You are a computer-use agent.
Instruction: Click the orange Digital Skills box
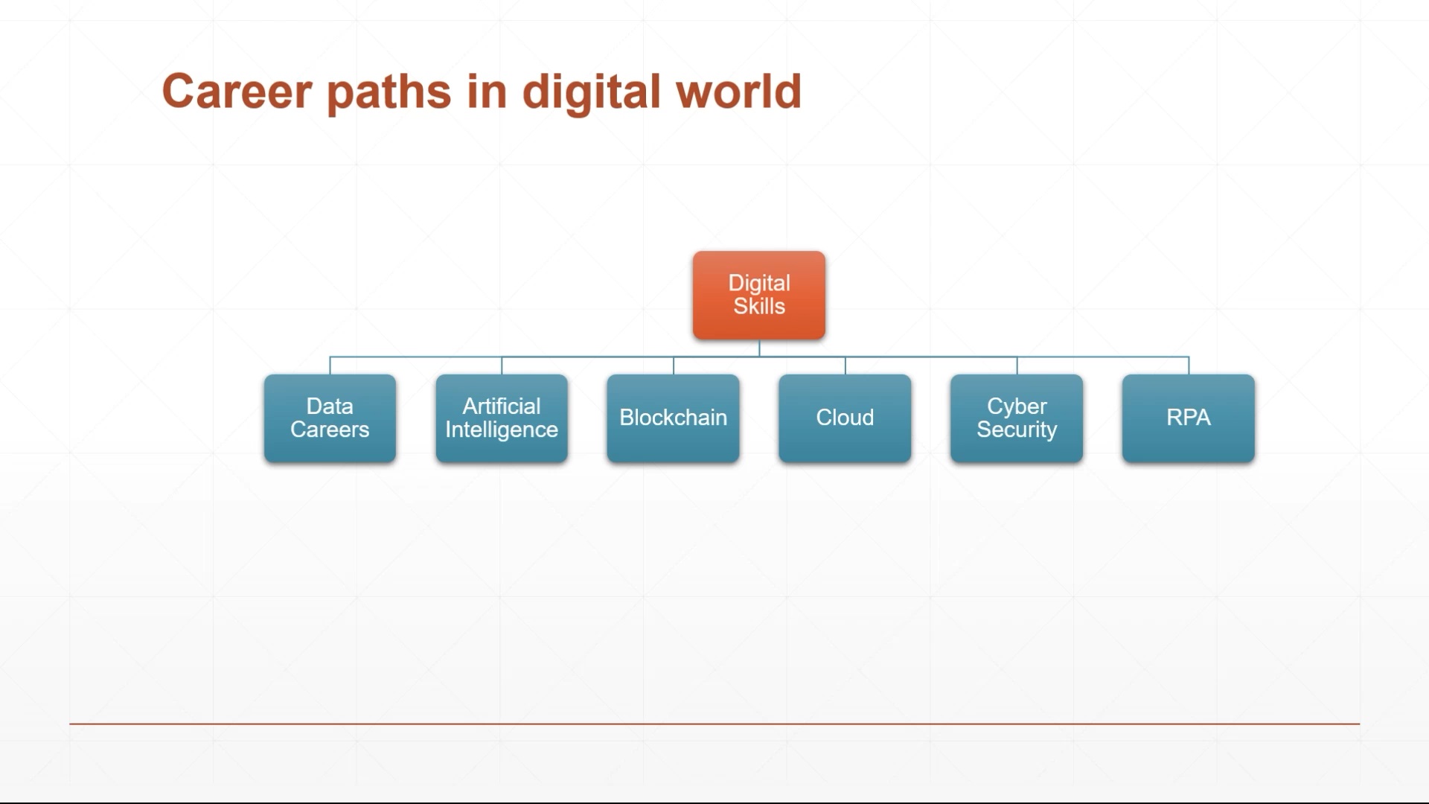758,296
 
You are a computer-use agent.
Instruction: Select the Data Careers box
330,418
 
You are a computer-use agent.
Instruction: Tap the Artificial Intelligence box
502,418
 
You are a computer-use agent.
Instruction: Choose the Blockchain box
674,418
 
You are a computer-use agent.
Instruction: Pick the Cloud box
845,418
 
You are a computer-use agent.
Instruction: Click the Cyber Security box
1017,418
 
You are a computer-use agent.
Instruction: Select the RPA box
1189,418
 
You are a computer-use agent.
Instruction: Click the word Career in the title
237,92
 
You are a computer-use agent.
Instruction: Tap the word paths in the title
389,94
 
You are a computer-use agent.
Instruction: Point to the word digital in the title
591,94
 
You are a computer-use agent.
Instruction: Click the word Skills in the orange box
759,306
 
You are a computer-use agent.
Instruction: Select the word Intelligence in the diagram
502,430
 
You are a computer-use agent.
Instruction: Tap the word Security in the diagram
1017,430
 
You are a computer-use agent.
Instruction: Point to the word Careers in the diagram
330,430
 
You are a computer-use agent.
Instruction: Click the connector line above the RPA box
1189,366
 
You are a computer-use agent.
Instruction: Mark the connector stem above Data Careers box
330,366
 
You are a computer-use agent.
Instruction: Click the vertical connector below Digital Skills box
759,348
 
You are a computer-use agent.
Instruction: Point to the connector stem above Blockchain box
674,366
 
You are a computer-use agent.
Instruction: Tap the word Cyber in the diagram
1017,407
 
